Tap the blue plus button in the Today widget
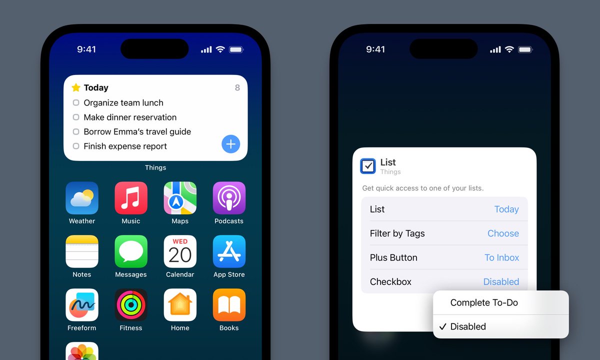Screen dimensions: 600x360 click(x=230, y=144)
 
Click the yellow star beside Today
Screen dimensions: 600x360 click(x=76, y=87)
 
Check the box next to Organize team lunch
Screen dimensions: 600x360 click(x=76, y=102)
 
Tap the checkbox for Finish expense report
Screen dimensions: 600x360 click(x=76, y=146)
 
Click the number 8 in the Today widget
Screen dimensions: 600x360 click(x=237, y=87)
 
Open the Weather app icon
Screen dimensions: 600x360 click(x=82, y=198)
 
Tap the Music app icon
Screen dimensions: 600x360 click(x=131, y=198)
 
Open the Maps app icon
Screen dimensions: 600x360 click(x=180, y=198)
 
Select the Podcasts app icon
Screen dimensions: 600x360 click(x=229, y=198)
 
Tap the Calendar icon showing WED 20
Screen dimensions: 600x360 click(x=180, y=251)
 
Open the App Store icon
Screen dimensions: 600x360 click(x=229, y=251)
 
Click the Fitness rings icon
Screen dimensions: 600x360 click(x=131, y=305)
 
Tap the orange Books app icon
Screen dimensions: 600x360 click(x=229, y=305)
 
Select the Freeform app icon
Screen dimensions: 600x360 click(x=82, y=305)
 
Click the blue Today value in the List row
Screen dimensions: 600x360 click(x=506, y=209)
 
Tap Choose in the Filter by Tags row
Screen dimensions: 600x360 click(x=503, y=233)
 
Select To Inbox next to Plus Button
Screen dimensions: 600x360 click(x=501, y=257)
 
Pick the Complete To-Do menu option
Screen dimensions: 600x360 click(x=484, y=302)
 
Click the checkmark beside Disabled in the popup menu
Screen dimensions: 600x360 click(x=443, y=326)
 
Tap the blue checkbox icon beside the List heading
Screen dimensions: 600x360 click(x=368, y=166)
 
